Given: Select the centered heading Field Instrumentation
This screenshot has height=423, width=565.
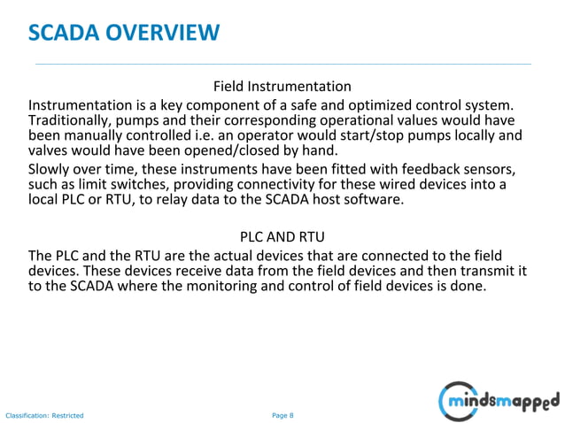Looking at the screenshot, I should coord(282,87).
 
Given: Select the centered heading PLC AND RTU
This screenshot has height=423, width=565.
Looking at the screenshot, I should coord(282,237).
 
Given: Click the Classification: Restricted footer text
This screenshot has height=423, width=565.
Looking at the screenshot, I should coord(44,415).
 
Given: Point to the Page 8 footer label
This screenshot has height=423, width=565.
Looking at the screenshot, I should coord(282,415).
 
